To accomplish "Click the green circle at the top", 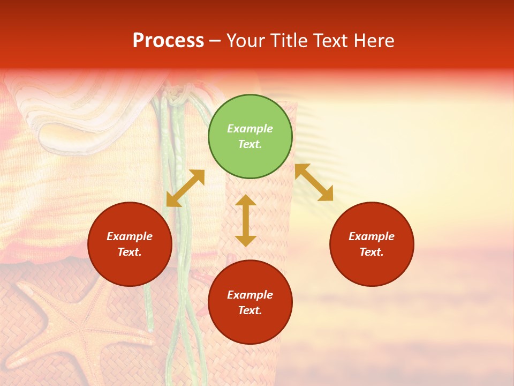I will (x=250, y=136).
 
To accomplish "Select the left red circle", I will (x=130, y=244).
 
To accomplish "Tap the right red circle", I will (x=372, y=244).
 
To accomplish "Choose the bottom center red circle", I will (x=250, y=302).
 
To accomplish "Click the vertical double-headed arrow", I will (x=246, y=220).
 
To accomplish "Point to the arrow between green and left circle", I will (x=185, y=188).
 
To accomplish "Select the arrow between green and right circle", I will (x=314, y=182).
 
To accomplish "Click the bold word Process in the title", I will (x=168, y=41).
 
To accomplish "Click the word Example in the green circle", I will (x=250, y=129).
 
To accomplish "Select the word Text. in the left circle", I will (x=130, y=252).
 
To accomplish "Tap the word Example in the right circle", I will (x=372, y=236).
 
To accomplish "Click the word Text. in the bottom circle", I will (x=250, y=310).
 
